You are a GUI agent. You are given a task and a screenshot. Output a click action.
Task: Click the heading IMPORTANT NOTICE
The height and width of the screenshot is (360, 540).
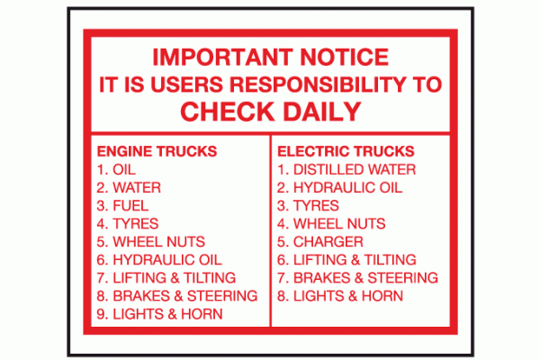click(271, 58)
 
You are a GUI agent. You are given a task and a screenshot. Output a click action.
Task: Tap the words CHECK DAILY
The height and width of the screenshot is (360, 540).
click(271, 112)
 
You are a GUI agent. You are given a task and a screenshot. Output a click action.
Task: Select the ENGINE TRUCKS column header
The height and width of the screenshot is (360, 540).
click(157, 151)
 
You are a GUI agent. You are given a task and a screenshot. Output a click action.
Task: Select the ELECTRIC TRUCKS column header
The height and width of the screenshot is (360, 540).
click(346, 151)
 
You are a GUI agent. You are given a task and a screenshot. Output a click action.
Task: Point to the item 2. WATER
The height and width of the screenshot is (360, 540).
click(127, 188)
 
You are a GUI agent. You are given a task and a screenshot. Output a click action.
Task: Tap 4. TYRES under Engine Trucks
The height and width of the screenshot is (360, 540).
click(127, 224)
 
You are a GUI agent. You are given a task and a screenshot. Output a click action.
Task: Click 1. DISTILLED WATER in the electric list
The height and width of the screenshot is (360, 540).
click(346, 169)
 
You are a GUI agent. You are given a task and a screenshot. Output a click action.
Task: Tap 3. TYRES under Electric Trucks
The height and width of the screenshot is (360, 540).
click(308, 206)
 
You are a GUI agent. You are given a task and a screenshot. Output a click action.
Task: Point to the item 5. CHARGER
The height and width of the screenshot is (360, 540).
click(320, 242)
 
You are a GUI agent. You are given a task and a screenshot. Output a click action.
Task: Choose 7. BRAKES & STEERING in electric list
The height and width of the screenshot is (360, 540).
click(357, 278)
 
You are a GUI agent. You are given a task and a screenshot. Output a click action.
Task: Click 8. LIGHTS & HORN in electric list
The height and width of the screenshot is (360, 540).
click(340, 296)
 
